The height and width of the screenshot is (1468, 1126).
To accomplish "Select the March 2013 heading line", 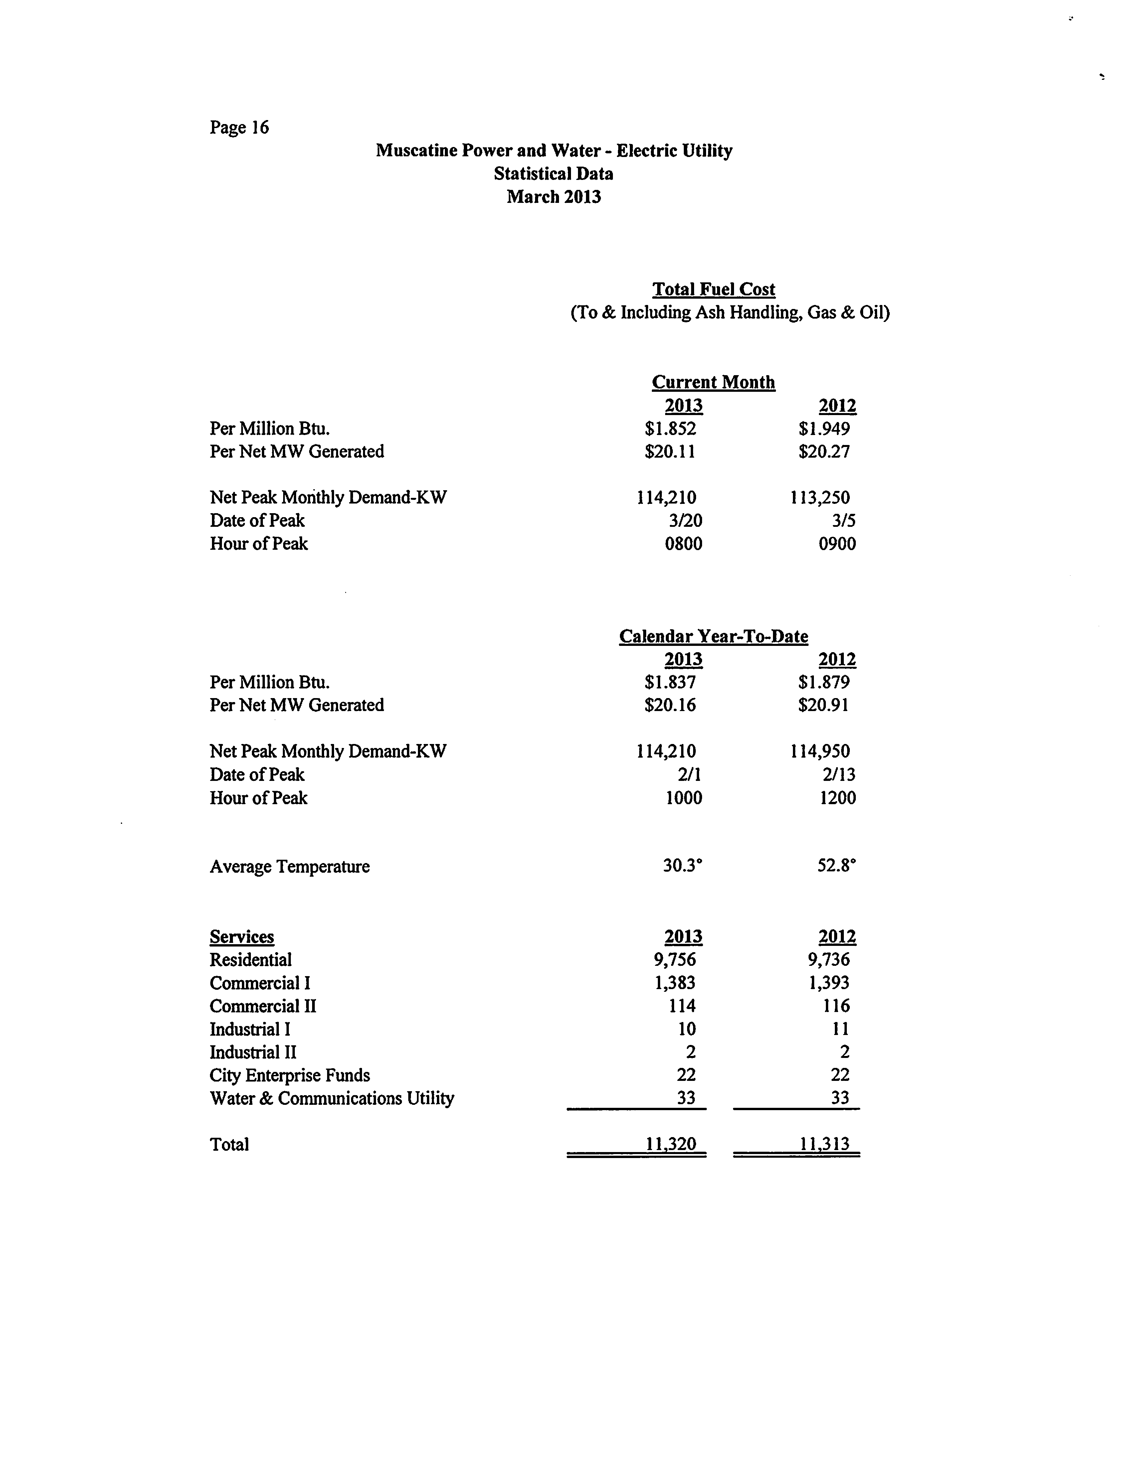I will coord(554,197).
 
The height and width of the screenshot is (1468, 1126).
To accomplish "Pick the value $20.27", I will coord(824,452).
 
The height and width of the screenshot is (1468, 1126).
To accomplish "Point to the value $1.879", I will coord(824,682).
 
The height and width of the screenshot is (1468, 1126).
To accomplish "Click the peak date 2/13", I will coord(839,775).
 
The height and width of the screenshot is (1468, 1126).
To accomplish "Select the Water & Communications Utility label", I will coord(332,1098).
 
